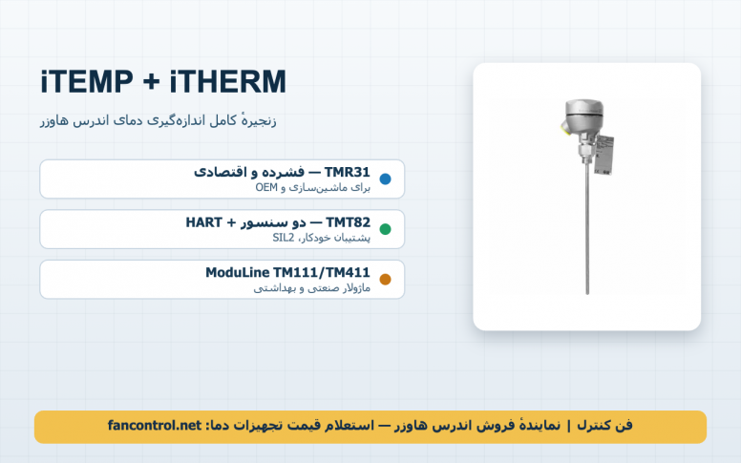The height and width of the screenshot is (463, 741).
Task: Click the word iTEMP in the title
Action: [x=87, y=81]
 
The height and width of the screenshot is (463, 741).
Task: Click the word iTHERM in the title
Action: [x=228, y=81]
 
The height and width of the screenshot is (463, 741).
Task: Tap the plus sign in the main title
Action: [x=151, y=82]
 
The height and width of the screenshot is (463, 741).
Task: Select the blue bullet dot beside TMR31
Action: [x=385, y=179]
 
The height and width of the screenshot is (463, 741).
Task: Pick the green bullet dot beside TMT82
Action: [x=385, y=229]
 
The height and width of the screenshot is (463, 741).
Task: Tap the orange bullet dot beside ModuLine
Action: [x=385, y=279]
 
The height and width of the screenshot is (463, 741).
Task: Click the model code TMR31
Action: [x=348, y=173]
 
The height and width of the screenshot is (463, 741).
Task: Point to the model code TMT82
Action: [x=349, y=222]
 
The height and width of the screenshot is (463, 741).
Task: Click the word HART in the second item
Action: [x=203, y=222]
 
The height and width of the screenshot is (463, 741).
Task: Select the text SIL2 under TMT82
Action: [x=283, y=238]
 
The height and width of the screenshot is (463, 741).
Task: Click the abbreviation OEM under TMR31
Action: [x=266, y=187]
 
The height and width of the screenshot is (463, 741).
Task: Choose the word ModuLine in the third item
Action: [x=237, y=273]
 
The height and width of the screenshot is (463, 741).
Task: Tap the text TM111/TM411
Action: [x=322, y=273]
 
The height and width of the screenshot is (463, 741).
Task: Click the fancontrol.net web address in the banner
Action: [x=155, y=426]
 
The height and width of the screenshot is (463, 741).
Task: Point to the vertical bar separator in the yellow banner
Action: [x=568, y=426]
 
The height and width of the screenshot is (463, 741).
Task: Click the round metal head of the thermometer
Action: [x=584, y=116]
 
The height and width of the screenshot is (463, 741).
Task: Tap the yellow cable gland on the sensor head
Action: [x=564, y=127]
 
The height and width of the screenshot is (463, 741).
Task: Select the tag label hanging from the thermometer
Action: [x=603, y=155]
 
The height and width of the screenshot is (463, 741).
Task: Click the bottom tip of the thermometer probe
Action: [x=587, y=294]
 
